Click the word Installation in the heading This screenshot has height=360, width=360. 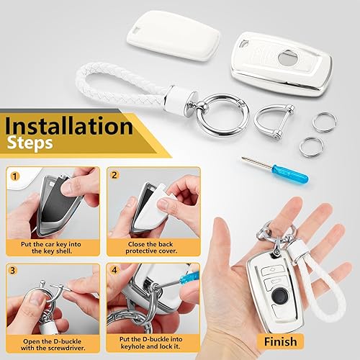68,126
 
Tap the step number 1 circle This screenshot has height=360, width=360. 14,175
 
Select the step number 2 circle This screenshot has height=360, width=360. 114,175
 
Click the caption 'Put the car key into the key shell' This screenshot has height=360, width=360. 52,248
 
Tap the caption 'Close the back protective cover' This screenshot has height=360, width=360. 153,248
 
